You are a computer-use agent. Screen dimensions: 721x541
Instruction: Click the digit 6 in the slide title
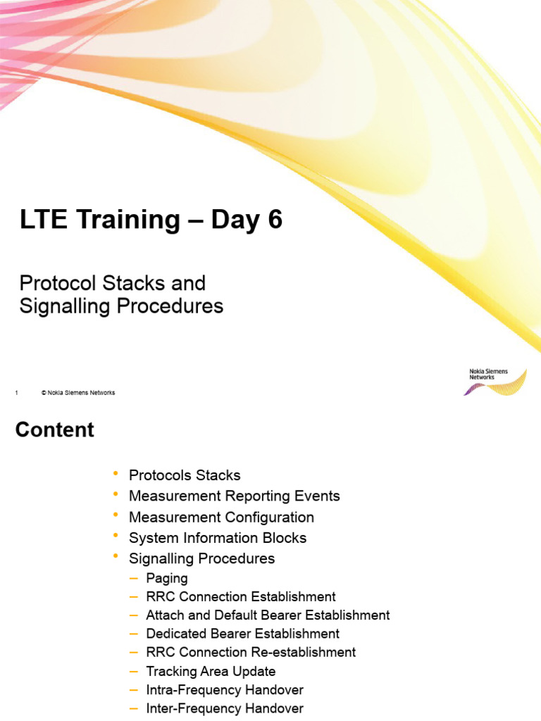[273, 220]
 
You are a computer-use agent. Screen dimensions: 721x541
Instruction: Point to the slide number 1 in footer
[16, 393]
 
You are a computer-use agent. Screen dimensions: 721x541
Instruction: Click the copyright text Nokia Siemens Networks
[78, 393]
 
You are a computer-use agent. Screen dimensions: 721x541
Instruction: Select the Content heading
[55, 430]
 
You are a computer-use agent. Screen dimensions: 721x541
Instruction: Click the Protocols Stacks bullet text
[185, 475]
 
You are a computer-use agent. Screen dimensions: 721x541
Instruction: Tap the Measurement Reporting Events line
[234, 496]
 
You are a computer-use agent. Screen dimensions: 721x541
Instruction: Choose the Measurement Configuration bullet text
[221, 518]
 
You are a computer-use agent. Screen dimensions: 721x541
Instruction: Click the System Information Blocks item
[218, 538]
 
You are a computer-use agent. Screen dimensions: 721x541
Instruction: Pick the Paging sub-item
[167, 579]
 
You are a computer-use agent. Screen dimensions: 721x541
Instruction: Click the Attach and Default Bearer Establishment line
[268, 615]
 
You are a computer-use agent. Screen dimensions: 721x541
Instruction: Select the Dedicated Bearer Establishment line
[242, 634]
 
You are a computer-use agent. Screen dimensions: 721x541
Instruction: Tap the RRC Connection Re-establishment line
[251, 653]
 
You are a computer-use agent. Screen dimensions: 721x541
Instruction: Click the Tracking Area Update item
[211, 672]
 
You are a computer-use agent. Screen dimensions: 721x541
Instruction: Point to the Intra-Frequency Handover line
[225, 690]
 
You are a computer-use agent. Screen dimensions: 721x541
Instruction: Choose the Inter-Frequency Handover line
[225, 708]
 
